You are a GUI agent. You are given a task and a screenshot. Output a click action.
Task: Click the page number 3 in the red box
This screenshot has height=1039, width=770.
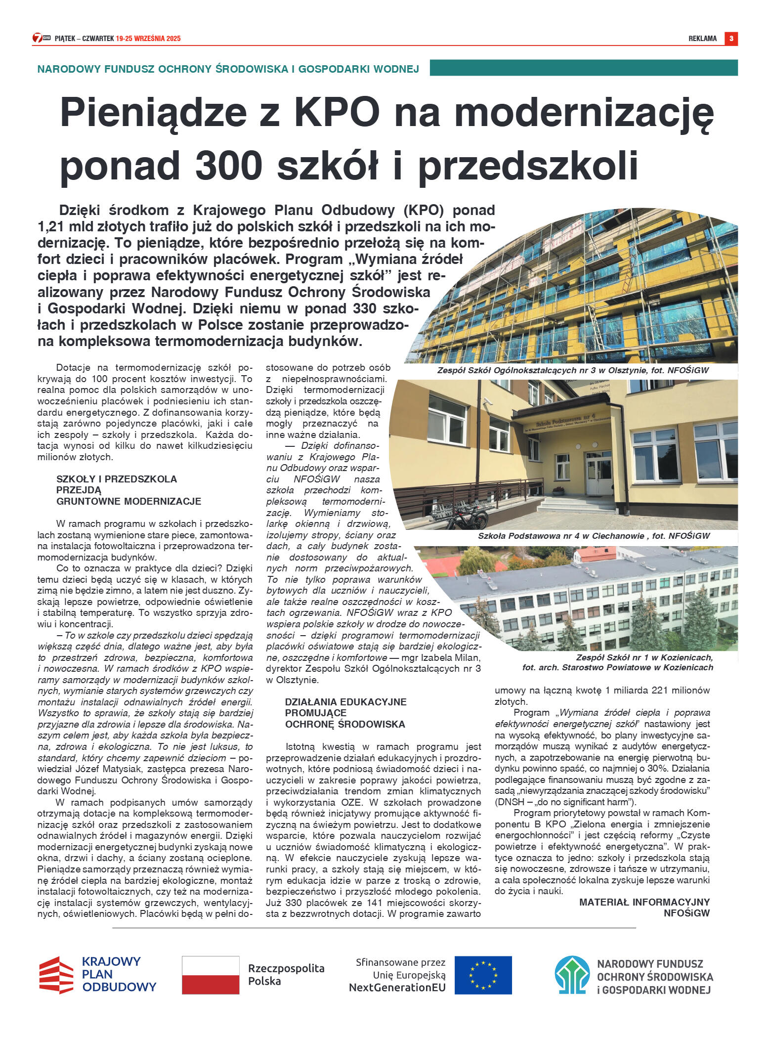click(x=731, y=39)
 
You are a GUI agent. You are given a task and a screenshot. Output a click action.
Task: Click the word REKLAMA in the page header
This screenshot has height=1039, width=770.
click(x=702, y=39)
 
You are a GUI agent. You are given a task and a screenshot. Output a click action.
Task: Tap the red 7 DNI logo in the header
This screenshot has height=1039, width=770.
click(x=42, y=38)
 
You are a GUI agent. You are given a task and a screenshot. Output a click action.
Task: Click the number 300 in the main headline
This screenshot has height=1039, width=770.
click(x=228, y=165)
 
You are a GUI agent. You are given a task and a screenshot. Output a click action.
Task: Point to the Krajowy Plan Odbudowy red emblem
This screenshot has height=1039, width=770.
click(x=56, y=975)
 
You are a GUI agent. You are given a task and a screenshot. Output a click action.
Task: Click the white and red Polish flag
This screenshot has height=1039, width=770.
click(x=211, y=975)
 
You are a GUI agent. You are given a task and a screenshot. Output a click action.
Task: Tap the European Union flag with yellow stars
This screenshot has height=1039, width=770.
click(x=483, y=975)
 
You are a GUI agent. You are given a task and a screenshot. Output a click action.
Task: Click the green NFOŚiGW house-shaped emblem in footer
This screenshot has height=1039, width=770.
click(x=572, y=975)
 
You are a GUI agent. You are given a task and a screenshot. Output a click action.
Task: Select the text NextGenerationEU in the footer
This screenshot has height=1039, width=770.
click(x=397, y=988)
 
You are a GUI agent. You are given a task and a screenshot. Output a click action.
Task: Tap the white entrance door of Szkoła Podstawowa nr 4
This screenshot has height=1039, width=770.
click(x=599, y=475)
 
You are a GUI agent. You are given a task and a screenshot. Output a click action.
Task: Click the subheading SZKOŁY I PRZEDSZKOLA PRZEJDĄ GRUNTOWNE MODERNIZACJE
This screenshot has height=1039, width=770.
click(x=128, y=490)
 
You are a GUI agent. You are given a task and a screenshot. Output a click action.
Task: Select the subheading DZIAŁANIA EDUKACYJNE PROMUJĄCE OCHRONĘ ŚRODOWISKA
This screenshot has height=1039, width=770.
click(x=345, y=713)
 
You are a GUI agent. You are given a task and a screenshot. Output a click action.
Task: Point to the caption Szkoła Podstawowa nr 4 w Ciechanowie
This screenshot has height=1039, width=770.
click(x=593, y=536)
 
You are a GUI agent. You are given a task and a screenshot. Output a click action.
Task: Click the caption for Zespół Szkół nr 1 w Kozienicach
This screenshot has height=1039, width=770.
click(x=618, y=662)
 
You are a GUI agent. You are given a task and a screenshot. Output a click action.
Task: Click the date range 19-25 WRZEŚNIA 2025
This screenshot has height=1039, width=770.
click(x=148, y=39)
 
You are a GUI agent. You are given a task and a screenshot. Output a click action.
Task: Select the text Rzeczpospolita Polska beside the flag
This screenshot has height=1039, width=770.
click(x=286, y=975)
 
